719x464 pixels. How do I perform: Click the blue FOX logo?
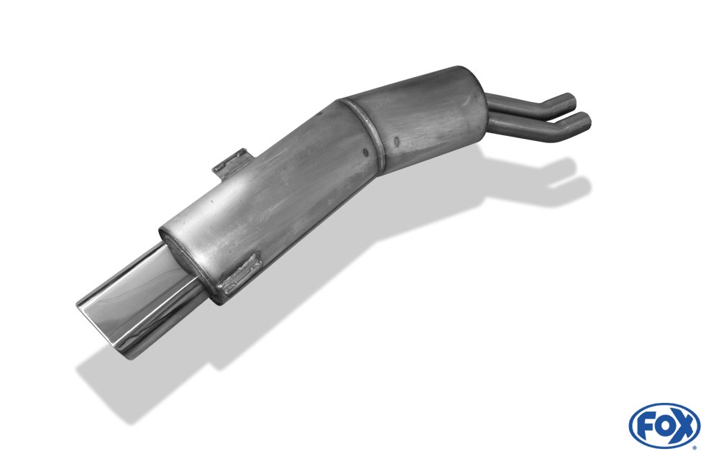pos(664,426)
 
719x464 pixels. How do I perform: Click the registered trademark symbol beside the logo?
pos(694,446)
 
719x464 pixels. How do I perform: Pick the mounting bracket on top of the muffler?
pos(232,163)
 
